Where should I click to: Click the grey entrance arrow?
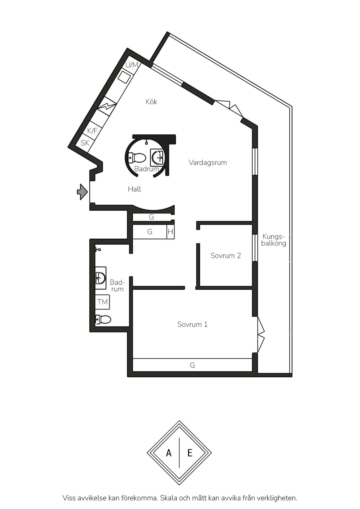[x=82, y=192]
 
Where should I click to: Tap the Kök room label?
[x=152, y=102]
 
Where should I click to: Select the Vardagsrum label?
[x=208, y=162]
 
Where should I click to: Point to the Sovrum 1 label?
[x=192, y=324]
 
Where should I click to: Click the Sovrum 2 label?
[x=226, y=255]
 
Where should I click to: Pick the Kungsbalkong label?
[x=274, y=240]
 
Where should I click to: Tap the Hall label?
[x=134, y=189]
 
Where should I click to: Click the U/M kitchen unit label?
[x=132, y=65]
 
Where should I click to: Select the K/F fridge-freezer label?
[x=92, y=131]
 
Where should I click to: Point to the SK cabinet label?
[x=85, y=143]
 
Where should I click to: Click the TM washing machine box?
[x=102, y=302]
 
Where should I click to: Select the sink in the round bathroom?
[x=158, y=157]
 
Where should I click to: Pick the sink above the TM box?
[x=100, y=278]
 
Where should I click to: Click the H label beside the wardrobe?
[x=170, y=232]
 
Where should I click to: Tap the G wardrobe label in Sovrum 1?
[x=192, y=365]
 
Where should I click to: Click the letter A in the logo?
[x=169, y=453]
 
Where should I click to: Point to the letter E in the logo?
[x=190, y=453]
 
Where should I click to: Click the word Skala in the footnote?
[x=169, y=498]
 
